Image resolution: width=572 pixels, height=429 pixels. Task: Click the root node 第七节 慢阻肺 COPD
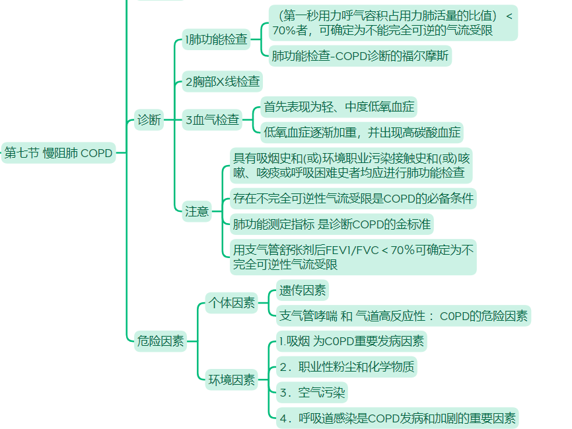pyautogui.click(x=58, y=153)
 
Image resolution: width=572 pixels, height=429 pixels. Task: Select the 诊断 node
pyautogui.click(x=149, y=119)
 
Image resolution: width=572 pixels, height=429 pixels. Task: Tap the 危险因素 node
pyautogui.click(x=160, y=341)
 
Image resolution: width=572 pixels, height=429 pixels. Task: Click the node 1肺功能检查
pyautogui.click(x=217, y=40)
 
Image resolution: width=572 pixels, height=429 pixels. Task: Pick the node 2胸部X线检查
pyautogui.click(x=222, y=82)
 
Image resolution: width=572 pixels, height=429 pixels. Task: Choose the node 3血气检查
pyautogui.click(x=212, y=120)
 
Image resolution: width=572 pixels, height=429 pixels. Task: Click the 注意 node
pyautogui.click(x=197, y=211)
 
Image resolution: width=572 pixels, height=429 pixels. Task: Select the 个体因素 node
pyautogui.click(x=231, y=303)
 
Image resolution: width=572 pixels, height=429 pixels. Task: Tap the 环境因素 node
pyautogui.click(x=231, y=379)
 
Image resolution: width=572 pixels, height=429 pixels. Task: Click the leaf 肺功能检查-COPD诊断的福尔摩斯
pyautogui.click(x=359, y=56)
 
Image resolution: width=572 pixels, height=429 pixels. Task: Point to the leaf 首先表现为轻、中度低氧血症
pyautogui.click(x=339, y=106)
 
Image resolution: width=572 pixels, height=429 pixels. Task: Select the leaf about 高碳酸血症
pyautogui.click(x=362, y=132)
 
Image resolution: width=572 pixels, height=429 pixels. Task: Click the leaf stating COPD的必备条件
pyautogui.click(x=353, y=198)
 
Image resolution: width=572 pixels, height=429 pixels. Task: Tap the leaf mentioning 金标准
pyautogui.click(x=332, y=224)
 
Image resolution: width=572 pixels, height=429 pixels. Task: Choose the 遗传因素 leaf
pyautogui.click(x=303, y=290)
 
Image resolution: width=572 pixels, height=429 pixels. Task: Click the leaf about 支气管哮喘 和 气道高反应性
pyautogui.click(x=403, y=316)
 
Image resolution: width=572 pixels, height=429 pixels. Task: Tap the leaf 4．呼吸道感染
pyautogui.click(x=396, y=418)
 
